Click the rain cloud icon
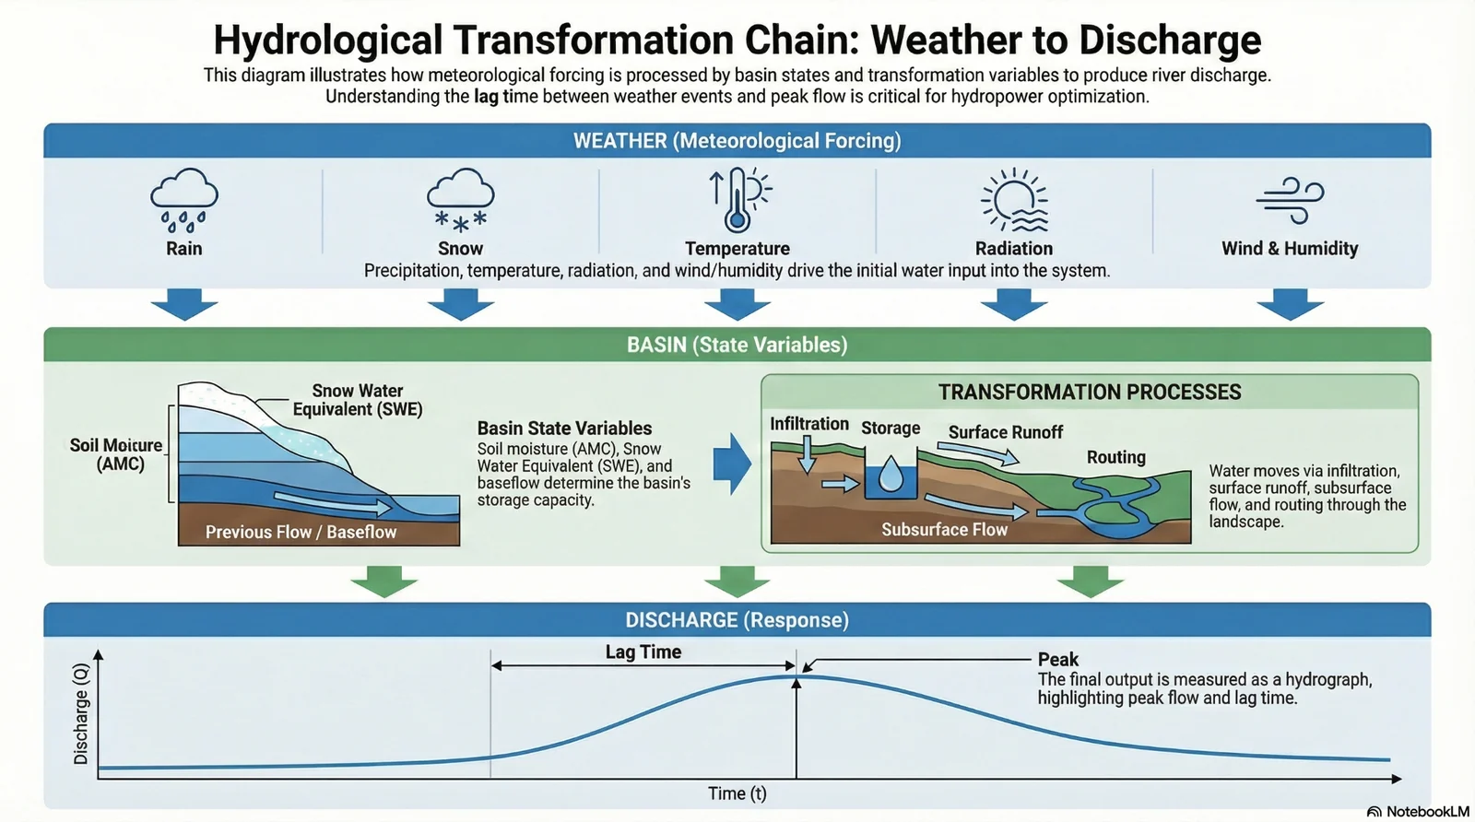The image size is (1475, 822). pyautogui.click(x=184, y=198)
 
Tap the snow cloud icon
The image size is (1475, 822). pyautogui.click(x=461, y=198)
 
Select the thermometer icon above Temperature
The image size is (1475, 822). pyautogui.click(x=737, y=199)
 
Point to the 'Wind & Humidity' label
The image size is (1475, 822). pyautogui.click(x=1290, y=249)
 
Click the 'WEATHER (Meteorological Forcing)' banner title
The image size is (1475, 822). pyautogui.click(x=737, y=141)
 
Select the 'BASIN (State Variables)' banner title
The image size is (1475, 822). pyautogui.click(x=737, y=345)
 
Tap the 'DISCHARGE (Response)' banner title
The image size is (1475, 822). pyautogui.click(x=737, y=620)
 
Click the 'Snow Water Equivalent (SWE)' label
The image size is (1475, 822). pyautogui.click(x=358, y=400)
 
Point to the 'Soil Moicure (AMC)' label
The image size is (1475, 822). pyautogui.click(x=117, y=454)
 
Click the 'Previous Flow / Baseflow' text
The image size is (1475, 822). pyautogui.click(x=301, y=532)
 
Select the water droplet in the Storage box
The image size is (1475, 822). pyautogui.click(x=891, y=474)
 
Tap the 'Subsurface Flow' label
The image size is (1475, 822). pyautogui.click(x=944, y=530)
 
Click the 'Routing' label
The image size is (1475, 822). pyautogui.click(x=1115, y=457)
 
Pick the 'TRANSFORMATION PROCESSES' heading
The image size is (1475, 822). pyautogui.click(x=1090, y=393)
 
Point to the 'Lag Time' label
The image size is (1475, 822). pyautogui.click(x=643, y=652)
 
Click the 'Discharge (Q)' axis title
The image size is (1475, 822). pyautogui.click(x=81, y=713)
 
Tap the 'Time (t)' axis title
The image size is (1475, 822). pyautogui.click(x=737, y=793)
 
